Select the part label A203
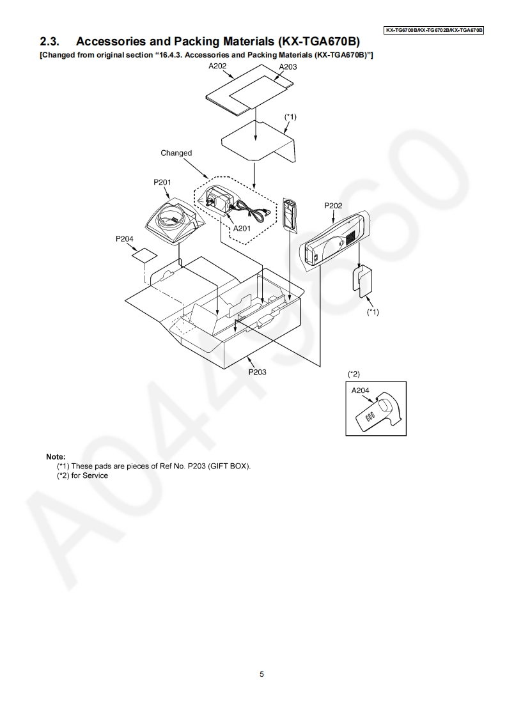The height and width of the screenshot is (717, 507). (288, 66)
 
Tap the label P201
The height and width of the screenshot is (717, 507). (162, 182)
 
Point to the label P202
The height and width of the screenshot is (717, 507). (333, 206)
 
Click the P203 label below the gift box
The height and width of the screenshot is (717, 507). (257, 372)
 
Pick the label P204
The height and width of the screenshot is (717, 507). (125, 238)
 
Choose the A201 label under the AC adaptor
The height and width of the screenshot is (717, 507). (242, 227)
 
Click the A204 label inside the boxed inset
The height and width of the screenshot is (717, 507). (361, 390)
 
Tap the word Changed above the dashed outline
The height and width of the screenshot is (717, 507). (176, 153)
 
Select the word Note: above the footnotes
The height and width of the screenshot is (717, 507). (56, 457)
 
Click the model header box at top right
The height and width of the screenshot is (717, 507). (433, 30)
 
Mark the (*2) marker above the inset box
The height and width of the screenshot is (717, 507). (354, 373)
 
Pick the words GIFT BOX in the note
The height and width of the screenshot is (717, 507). (230, 466)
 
